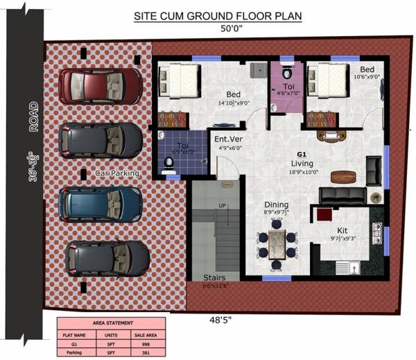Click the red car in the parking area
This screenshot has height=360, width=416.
100,85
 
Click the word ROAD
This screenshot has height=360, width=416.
33,119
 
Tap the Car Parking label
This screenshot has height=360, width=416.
117,173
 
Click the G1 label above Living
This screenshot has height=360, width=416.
302,154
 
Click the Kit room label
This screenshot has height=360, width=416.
342,230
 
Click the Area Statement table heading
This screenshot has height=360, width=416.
112,323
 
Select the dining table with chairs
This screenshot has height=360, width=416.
276,243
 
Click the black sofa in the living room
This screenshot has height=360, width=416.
343,194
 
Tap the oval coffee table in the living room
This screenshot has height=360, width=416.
340,175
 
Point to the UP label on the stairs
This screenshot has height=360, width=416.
222,206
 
